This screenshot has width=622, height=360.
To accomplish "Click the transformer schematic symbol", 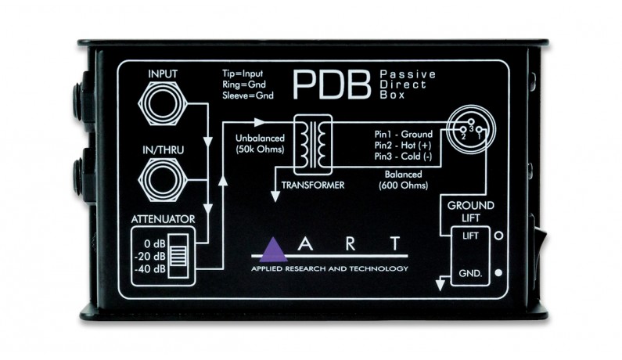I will click(x=312, y=145).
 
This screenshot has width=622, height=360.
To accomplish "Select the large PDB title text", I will click(x=333, y=85).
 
